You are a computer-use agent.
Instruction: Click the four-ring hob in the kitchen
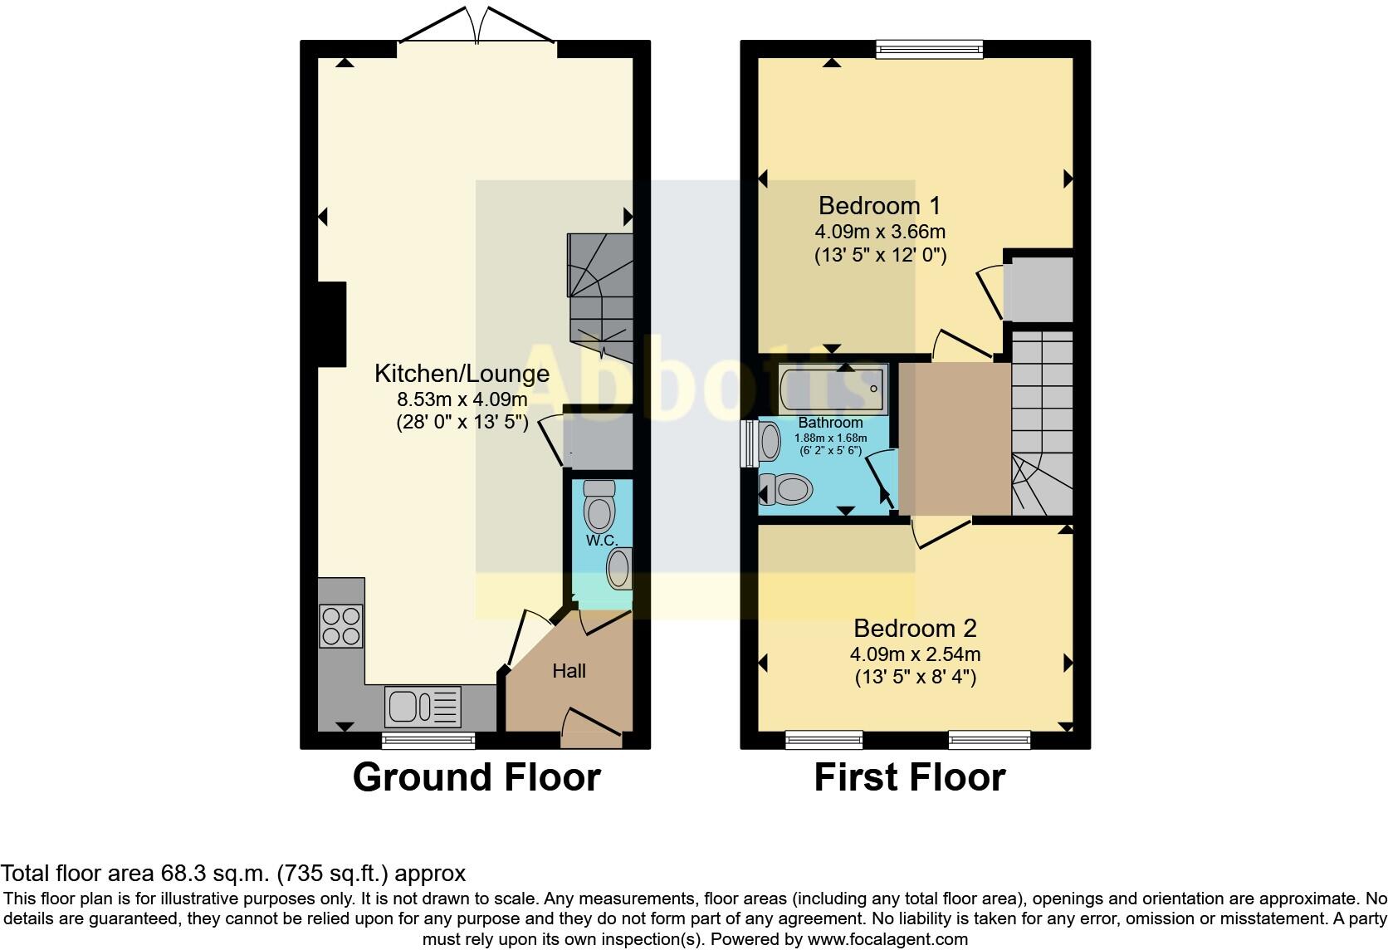point(341,625)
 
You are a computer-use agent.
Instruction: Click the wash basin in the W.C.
point(619,570)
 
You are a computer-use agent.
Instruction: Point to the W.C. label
point(602,541)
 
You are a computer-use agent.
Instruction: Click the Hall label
point(569,671)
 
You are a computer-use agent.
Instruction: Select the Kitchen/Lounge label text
point(462,374)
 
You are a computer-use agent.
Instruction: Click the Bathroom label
point(830,424)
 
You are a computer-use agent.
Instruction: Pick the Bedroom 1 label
point(880,206)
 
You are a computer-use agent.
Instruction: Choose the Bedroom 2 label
point(915,628)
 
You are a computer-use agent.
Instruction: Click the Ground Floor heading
point(477,778)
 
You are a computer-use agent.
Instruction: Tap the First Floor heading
point(910,778)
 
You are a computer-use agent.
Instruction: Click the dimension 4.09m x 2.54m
point(915,654)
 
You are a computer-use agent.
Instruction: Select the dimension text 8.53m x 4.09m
point(462,399)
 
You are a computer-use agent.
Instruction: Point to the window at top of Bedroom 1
point(930,50)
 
